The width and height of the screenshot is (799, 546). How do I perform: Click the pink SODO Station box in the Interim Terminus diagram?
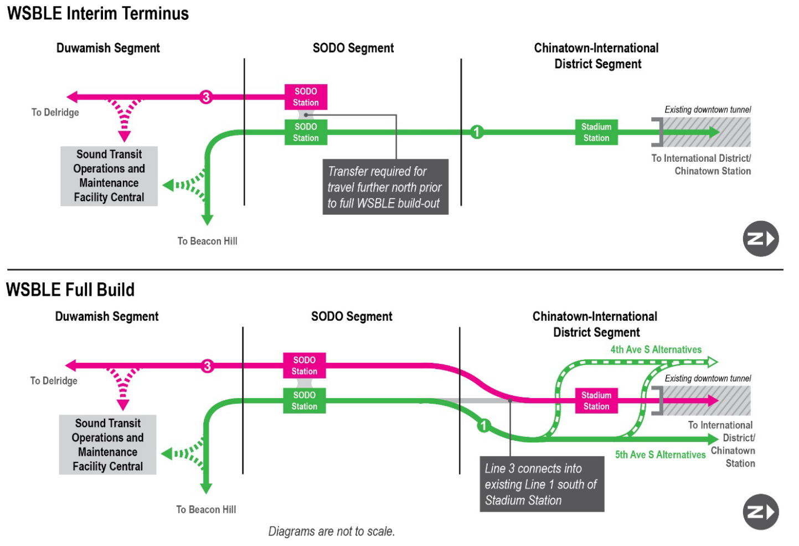(x=306, y=97)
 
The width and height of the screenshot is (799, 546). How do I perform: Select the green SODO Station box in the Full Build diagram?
(x=304, y=400)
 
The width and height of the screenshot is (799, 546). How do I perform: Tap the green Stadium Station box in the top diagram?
(x=596, y=132)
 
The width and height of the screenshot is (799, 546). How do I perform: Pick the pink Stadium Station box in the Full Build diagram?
(x=596, y=400)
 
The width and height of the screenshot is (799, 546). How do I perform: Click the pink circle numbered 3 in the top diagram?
(x=206, y=97)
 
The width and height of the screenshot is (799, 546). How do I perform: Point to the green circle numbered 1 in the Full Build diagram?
(x=483, y=425)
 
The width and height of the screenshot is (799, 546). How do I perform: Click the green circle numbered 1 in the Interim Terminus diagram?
(x=476, y=132)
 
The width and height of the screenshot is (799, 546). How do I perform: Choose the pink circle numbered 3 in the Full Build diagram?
(x=207, y=366)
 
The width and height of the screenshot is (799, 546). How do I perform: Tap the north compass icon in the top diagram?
(x=760, y=239)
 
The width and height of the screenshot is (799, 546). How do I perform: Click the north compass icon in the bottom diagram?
(x=760, y=512)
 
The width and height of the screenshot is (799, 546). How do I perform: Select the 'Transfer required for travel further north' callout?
(x=385, y=187)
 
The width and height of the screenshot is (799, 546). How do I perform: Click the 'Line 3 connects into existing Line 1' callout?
(x=541, y=485)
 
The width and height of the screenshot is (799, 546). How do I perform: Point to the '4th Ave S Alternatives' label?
(x=656, y=349)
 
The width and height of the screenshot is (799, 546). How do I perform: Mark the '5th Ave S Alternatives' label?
(x=660, y=455)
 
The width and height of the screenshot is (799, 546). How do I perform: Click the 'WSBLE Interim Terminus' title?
(x=98, y=13)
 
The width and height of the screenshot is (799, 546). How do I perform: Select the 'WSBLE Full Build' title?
(x=70, y=290)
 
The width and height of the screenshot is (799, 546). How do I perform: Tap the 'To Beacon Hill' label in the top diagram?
(x=207, y=241)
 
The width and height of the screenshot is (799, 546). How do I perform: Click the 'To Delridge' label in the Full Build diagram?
(x=54, y=381)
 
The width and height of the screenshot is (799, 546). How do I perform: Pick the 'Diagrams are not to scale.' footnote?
(x=331, y=532)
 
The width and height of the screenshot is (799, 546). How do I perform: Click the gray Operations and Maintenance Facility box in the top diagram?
(x=109, y=176)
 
